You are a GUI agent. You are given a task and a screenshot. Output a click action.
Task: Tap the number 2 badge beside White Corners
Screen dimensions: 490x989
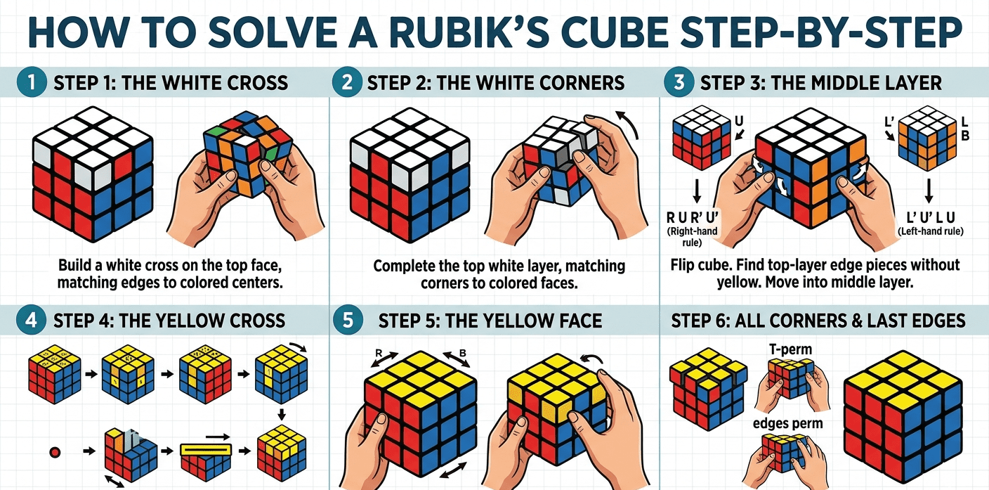click(346, 83)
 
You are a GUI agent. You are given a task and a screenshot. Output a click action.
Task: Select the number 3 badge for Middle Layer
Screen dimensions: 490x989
click(679, 83)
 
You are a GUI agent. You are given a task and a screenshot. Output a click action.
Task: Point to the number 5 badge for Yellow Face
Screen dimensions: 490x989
click(346, 321)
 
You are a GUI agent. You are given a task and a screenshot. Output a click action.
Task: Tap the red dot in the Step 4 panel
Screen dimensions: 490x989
click(53, 450)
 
